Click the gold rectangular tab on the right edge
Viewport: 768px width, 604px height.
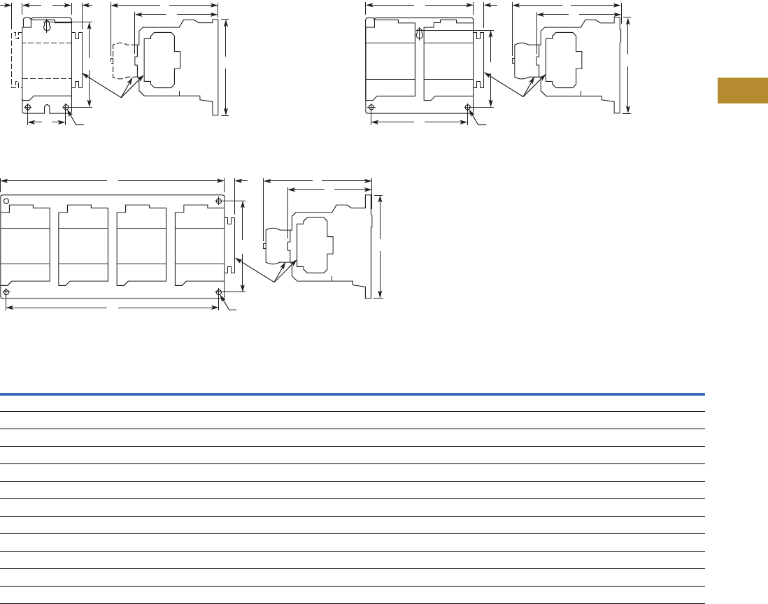742,91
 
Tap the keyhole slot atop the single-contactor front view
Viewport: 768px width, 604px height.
47,27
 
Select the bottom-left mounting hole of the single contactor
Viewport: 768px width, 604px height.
28,107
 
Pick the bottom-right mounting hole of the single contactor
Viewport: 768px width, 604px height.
66,107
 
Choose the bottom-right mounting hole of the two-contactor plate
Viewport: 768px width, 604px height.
468,108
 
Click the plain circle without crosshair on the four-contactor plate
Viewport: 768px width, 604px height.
6,201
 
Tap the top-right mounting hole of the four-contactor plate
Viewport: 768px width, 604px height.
220,201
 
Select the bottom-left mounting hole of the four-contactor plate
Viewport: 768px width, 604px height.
7,292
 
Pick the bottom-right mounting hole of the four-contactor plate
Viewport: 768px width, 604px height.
220,292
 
